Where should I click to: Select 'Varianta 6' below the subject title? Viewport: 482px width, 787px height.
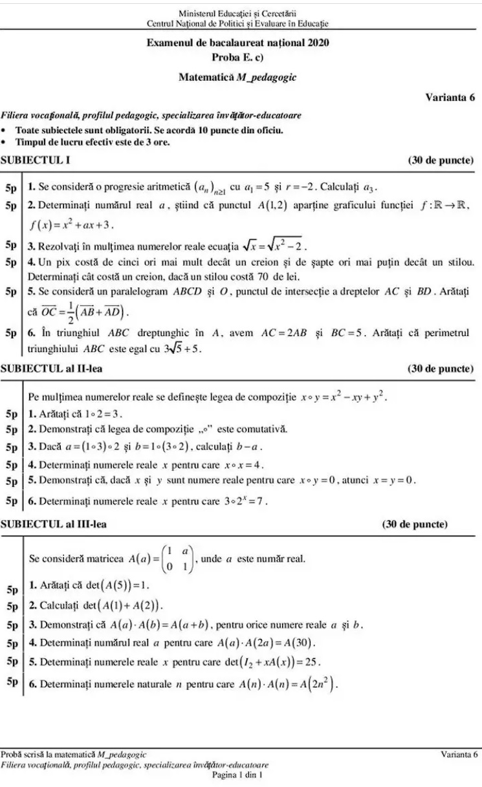[450, 98]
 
